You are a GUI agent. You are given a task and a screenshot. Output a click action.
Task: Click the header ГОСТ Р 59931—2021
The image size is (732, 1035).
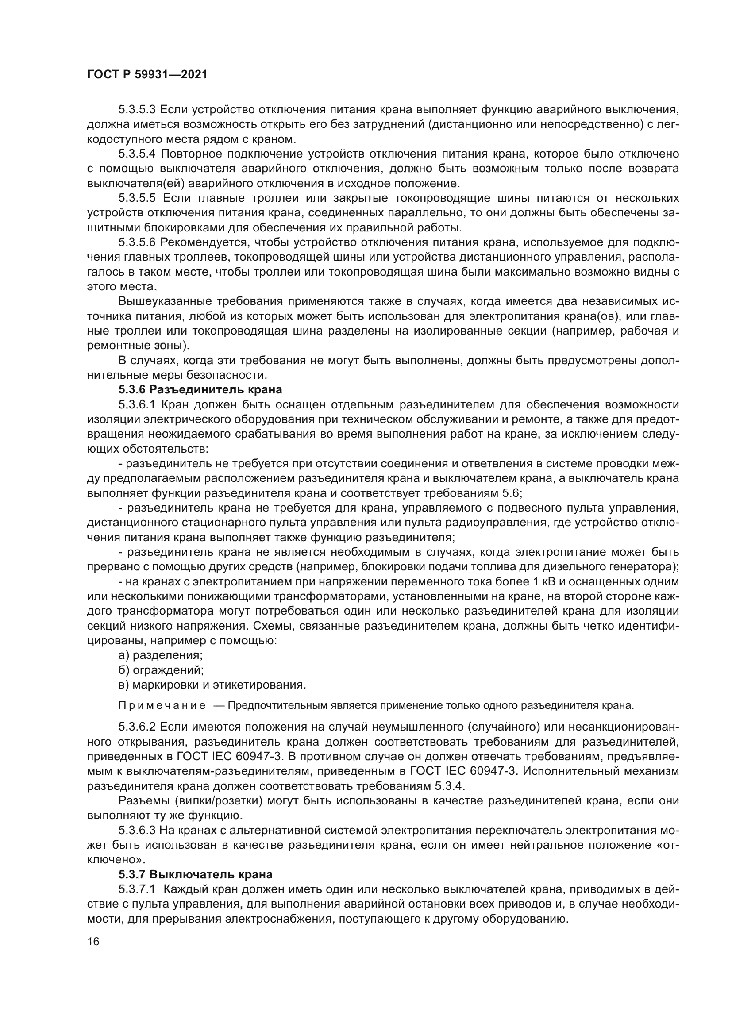coord(147,75)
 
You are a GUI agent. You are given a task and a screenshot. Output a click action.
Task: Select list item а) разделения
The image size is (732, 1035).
coord(161,655)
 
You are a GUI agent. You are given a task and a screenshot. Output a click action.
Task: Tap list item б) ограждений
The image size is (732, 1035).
coord(161,670)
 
